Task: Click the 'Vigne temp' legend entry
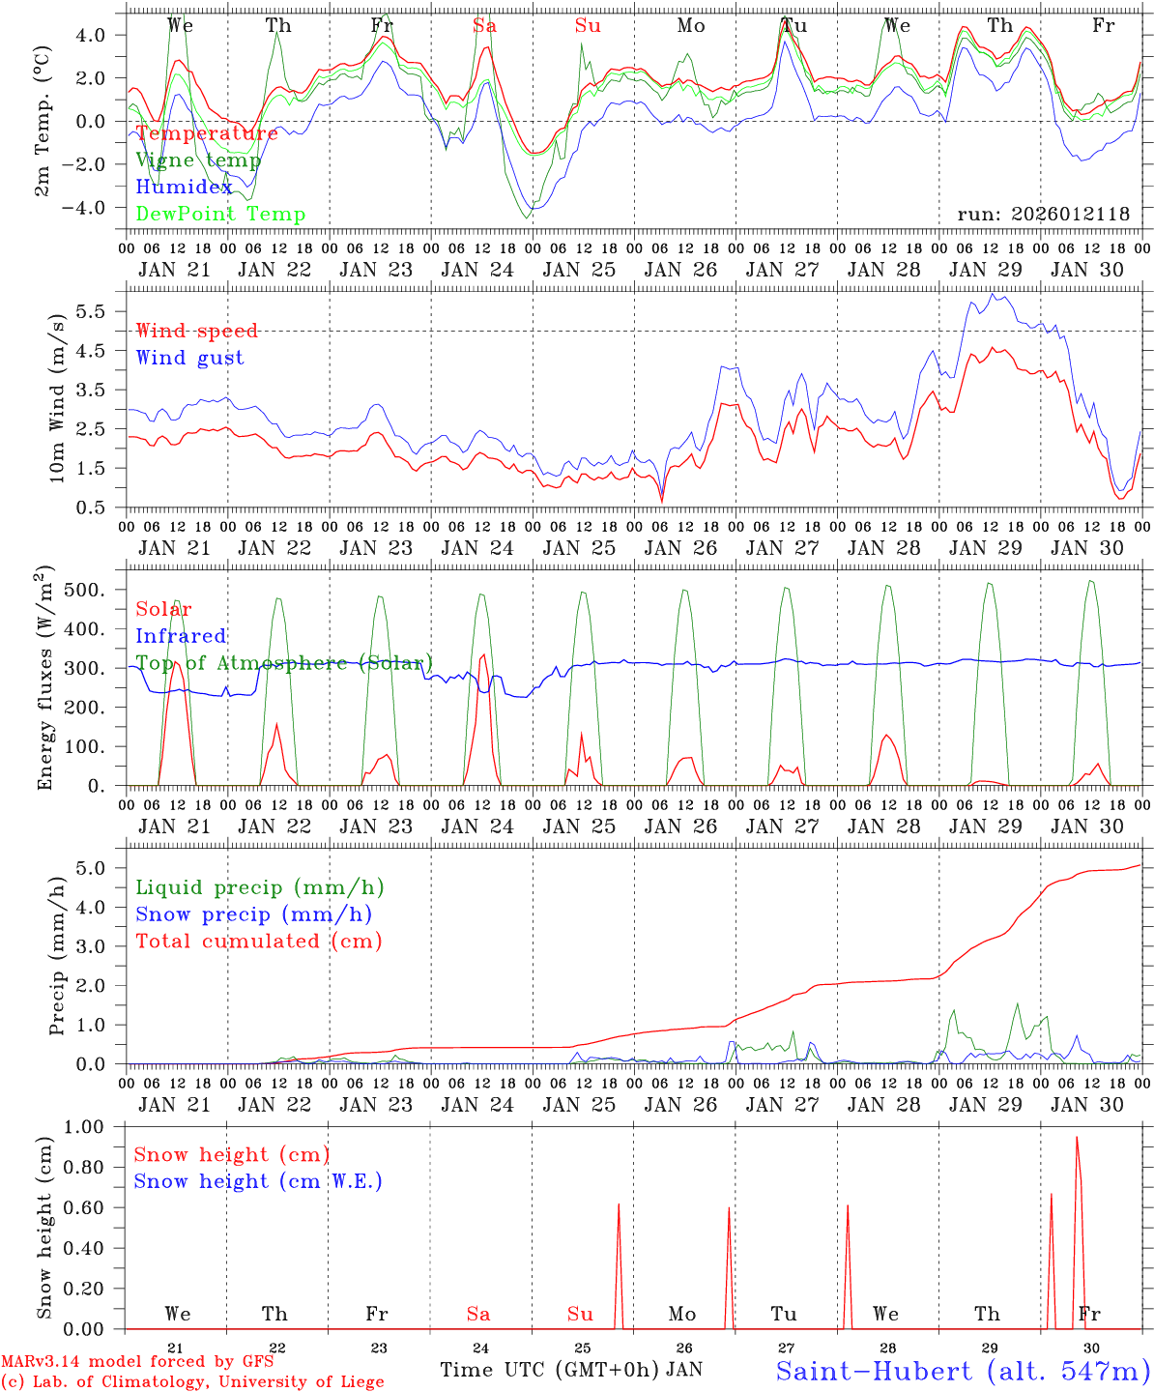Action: [198, 160]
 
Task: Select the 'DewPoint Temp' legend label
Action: [220, 215]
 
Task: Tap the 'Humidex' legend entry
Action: [184, 188]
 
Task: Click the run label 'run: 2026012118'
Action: [1043, 215]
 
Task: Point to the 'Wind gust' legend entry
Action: [189, 358]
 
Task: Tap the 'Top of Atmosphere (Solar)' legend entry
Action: [284, 663]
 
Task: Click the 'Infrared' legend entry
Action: [181, 636]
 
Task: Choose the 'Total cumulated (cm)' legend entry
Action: [258, 942]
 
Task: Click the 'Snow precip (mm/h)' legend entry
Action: [253, 914]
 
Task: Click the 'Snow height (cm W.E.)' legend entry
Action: [258, 1181]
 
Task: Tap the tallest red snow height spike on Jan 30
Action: [1077, 1139]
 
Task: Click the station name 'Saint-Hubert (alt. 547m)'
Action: [963, 1371]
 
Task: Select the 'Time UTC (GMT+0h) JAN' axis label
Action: [571, 1370]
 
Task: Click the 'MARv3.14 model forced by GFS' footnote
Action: [137, 1362]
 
